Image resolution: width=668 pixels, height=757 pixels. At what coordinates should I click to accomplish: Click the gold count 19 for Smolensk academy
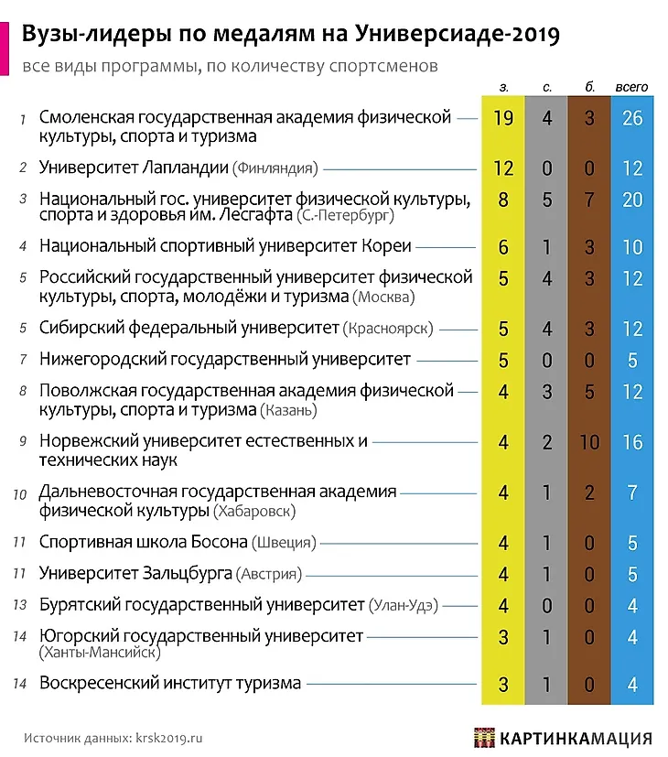tap(502, 118)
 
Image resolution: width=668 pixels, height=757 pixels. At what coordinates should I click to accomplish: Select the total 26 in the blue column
tap(631, 118)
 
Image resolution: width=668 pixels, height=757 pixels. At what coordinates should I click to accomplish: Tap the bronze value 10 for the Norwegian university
tap(589, 442)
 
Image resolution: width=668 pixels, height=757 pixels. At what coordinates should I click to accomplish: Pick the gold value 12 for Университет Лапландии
tap(502, 168)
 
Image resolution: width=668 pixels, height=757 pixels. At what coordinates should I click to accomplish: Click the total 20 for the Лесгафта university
tap(631, 200)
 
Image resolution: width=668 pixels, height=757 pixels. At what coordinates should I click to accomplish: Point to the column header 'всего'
tap(631, 87)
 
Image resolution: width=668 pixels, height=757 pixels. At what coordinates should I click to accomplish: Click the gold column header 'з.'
tap(503, 87)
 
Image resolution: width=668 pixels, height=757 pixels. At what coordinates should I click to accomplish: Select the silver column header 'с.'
tap(546, 87)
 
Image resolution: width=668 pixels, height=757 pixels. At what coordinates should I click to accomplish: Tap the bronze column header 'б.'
tap(589, 87)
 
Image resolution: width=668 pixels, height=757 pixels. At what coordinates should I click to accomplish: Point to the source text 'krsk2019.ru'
tap(168, 736)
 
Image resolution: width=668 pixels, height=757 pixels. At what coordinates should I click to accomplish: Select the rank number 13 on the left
tap(21, 605)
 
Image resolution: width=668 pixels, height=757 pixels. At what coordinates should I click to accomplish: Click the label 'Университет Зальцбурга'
tap(135, 574)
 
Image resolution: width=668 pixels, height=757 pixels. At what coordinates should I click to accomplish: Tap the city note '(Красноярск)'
tap(388, 329)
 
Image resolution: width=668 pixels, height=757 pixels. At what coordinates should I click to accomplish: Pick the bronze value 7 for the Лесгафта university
tap(589, 200)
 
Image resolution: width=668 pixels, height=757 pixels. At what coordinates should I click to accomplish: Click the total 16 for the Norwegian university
tap(631, 442)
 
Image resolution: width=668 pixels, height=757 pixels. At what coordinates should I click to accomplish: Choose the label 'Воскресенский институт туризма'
tap(170, 683)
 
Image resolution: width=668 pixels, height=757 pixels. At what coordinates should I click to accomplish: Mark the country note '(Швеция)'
tap(284, 543)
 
